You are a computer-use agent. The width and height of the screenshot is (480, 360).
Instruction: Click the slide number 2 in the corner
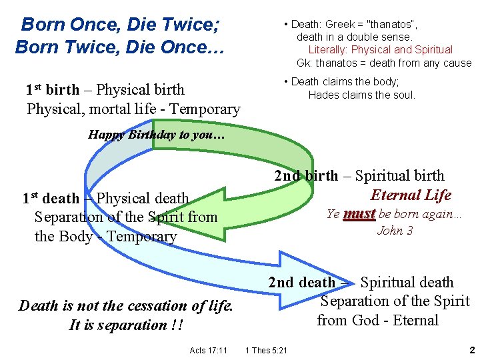click(471, 349)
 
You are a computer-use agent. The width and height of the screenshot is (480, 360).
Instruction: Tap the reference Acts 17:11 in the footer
click(208, 350)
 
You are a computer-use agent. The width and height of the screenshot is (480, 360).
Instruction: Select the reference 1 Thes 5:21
click(266, 350)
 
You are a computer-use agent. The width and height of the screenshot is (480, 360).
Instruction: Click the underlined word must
click(359, 214)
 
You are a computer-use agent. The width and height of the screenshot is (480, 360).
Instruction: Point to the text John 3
click(395, 231)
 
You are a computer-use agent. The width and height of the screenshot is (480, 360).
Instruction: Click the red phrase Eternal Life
click(411, 195)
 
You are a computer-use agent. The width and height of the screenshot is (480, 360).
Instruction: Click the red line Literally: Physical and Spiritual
click(380, 49)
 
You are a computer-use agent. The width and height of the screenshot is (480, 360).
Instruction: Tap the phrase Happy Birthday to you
click(157, 134)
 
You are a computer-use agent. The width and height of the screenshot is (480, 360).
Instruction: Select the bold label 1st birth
click(53, 89)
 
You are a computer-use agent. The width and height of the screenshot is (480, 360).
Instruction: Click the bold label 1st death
click(51, 198)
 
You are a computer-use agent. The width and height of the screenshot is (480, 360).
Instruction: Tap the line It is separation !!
click(127, 325)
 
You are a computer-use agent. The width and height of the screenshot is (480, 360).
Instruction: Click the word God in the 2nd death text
click(365, 320)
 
